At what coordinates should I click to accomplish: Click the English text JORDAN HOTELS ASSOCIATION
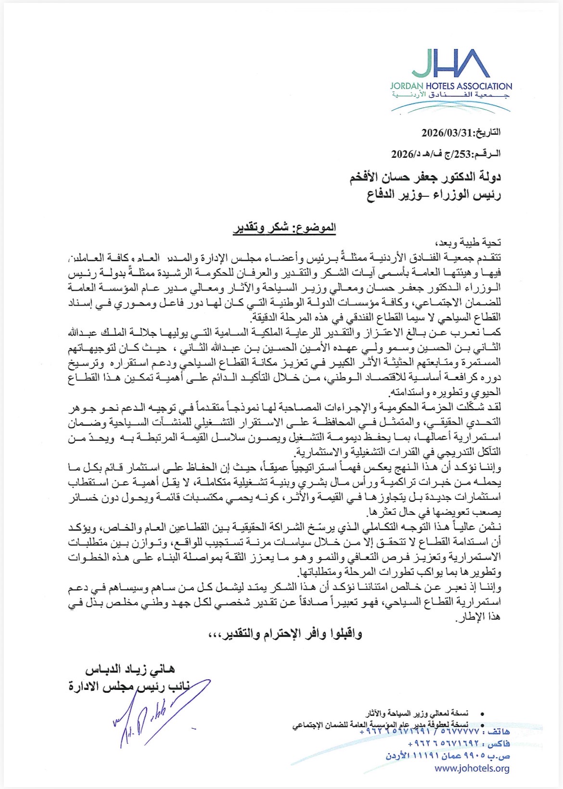click(x=451, y=86)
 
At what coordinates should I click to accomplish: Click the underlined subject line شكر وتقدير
click(x=284, y=228)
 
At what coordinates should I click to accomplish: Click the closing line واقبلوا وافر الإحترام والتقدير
click(x=285, y=634)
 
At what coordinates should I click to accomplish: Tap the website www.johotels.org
click(x=472, y=768)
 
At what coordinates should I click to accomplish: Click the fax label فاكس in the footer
click(x=499, y=745)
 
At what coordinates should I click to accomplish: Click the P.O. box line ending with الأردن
click(x=448, y=756)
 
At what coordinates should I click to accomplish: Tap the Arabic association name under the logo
click(x=451, y=95)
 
